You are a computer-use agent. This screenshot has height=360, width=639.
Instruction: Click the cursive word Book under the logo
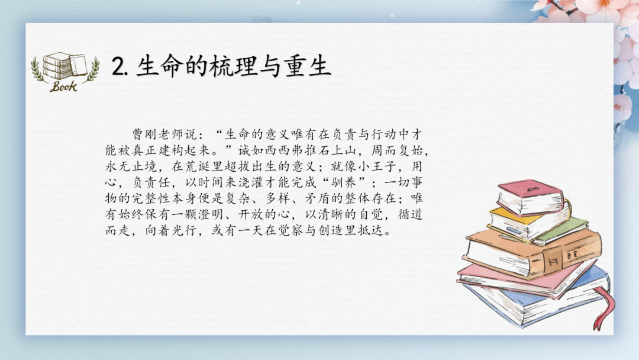63,86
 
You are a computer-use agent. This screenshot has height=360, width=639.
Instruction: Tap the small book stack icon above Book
64,66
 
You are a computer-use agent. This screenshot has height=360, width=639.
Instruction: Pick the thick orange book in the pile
532,252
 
